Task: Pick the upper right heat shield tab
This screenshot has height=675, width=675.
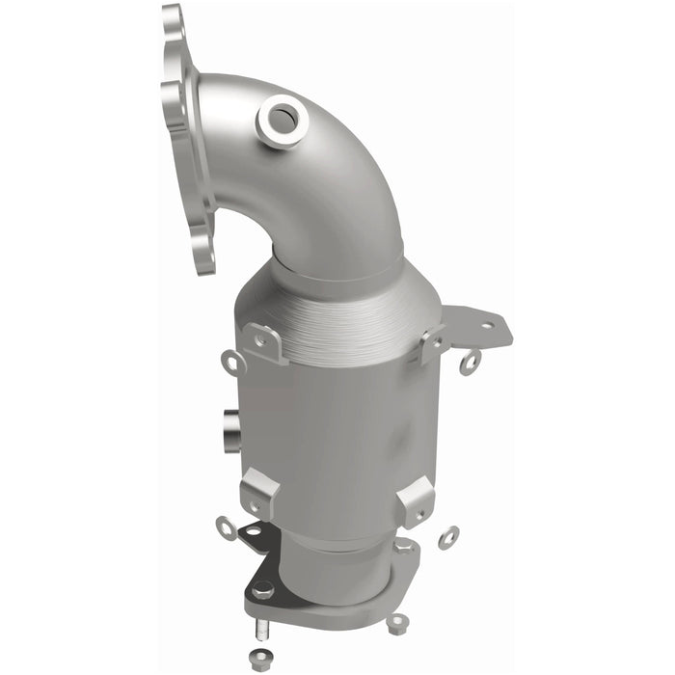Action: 431,343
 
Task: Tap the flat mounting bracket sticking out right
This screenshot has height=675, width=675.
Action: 477,328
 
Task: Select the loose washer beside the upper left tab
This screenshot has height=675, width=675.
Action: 232,362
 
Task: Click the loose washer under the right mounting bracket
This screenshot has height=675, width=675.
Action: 471,363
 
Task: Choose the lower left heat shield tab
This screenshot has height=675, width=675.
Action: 259,492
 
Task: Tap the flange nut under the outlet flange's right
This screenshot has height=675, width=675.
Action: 395,621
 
